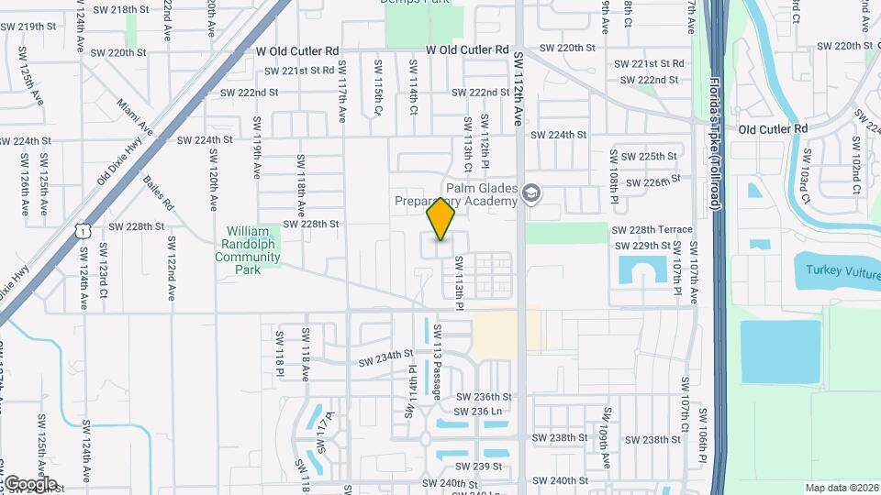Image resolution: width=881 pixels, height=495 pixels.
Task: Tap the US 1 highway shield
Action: coord(84,233)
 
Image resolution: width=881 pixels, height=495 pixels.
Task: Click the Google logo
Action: coord(29,484)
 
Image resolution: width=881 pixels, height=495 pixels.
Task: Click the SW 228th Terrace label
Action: coord(652,229)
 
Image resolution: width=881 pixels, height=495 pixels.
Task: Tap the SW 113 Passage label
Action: coord(438,361)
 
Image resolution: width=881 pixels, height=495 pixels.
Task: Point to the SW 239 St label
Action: coord(485,466)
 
